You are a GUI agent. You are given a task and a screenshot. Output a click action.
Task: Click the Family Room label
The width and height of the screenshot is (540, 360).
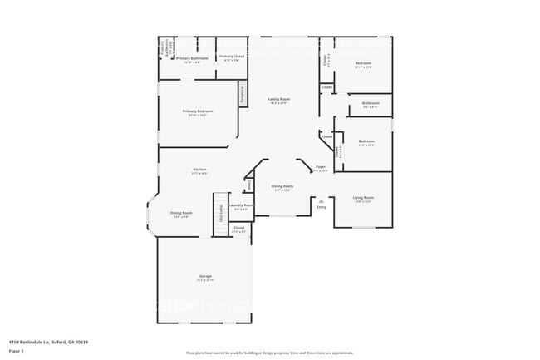(277, 99)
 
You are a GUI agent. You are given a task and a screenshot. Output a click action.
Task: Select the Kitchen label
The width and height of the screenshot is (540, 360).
(199, 170)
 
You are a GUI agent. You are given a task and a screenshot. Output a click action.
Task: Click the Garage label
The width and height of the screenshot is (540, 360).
(204, 276)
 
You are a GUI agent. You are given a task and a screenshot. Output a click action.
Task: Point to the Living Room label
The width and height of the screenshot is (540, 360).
(363, 198)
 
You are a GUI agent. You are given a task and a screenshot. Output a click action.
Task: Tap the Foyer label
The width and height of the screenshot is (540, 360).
(320, 167)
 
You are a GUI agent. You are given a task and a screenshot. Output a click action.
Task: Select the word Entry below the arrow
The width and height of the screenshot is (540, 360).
(321, 207)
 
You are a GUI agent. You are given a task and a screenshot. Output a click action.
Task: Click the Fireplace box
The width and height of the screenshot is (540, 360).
(243, 93)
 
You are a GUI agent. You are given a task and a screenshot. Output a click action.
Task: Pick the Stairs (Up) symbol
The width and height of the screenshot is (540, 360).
(220, 215)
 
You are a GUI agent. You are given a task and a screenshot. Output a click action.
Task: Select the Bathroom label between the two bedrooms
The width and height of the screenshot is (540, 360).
(370, 104)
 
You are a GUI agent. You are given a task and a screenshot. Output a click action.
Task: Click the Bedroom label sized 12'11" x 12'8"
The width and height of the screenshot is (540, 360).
(363, 63)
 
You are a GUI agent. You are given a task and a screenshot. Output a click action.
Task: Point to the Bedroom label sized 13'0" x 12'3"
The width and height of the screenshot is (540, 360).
(366, 142)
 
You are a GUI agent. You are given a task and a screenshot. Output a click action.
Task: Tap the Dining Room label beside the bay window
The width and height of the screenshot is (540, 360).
(180, 214)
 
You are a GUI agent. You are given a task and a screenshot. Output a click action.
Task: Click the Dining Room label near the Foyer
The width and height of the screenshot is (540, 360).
(282, 186)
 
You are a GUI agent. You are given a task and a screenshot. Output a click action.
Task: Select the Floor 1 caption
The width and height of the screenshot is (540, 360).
(16, 349)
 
